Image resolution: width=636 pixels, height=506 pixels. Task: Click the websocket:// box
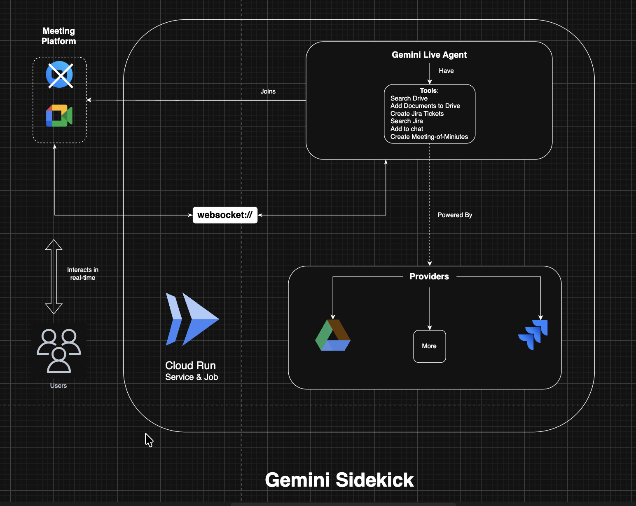pos(225,215)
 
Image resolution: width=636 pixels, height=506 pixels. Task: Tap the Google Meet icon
pos(59,116)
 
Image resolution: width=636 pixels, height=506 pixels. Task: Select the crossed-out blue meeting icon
pos(60,75)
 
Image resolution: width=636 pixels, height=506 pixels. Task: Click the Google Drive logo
pos(333,335)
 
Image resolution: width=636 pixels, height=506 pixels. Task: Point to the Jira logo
pos(533,335)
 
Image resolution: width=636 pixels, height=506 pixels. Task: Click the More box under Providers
pos(429,346)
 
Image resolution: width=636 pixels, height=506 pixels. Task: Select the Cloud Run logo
pos(192,319)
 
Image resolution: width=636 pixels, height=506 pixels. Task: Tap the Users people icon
pos(59,351)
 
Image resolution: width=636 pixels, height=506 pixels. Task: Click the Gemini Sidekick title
pos(339,480)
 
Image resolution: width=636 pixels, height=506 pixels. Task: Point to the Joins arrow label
pos(268,91)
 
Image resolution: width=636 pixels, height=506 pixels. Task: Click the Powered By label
pos(455,215)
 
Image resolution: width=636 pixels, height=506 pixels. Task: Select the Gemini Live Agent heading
pos(429,55)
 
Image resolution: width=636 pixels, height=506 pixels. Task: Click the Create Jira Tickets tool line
pos(417,114)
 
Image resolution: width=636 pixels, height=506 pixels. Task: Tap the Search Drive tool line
pos(409,98)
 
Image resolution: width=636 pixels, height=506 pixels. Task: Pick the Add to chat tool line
pos(407,129)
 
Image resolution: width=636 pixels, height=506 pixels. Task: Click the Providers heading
pos(429,276)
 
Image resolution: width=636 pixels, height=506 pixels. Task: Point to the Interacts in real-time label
pos(83,274)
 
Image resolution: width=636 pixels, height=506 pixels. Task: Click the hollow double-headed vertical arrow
pos(54,277)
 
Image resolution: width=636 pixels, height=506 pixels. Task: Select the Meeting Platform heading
pos(58,36)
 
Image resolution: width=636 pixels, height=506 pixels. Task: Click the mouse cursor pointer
pos(149,440)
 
